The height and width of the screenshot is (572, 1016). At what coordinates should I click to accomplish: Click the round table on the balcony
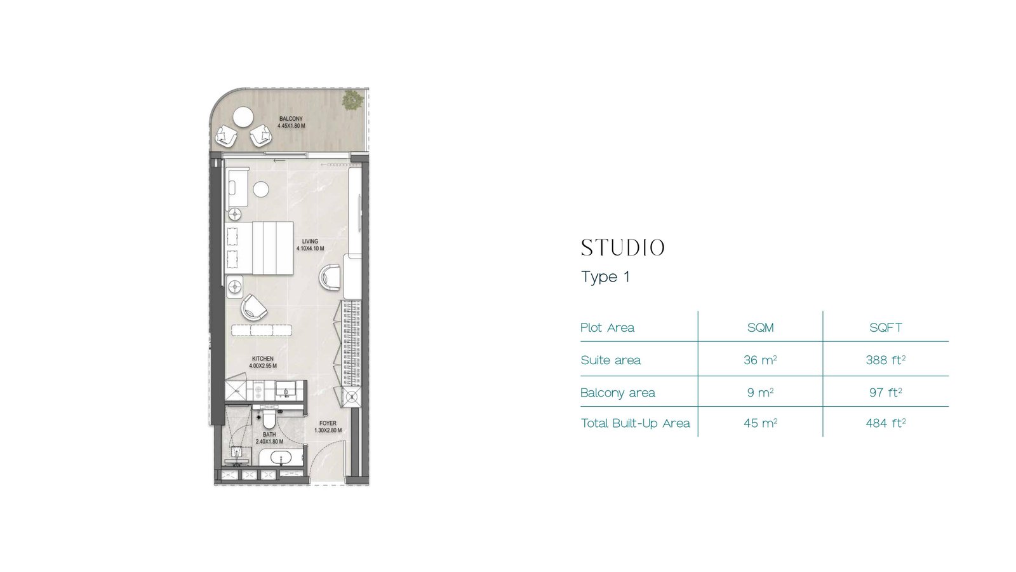[x=243, y=118]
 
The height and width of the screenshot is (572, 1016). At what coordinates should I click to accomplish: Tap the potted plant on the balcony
[x=352, y=100]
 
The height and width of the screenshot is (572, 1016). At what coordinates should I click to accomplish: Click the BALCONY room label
[x=291, y=119]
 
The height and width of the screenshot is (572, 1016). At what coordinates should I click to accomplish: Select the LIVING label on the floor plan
[x=311, y=242]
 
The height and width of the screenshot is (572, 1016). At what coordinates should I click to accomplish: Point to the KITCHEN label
[x=263, y=358]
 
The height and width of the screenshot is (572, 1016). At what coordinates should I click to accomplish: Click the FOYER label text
[x=328, y=423]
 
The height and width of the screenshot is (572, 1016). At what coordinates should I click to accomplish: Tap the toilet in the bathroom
[x=269, y=419]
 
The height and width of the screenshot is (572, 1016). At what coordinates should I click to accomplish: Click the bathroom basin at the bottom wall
[x=281, y=458]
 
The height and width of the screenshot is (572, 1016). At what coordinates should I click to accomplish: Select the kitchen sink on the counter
[x=286, y=389]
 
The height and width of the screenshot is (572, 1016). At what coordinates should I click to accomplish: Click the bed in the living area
[x=259, y=248]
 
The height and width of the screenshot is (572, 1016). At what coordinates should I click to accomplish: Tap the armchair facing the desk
[x=330, y=278]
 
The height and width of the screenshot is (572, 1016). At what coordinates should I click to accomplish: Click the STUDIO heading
[x=623, y=248]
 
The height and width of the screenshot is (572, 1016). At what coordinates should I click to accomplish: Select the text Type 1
[x=606, y=277]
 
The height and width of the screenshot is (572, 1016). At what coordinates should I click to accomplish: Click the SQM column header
[x=761, y=328]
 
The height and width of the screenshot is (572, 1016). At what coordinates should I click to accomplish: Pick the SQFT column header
[x=886, y=328]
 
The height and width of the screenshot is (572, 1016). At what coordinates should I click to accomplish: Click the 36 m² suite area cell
[x=761, y=360]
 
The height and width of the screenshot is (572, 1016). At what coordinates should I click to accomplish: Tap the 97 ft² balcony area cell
[x=886, y=392]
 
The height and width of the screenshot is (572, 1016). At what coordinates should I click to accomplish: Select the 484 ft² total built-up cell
[x=886, y=423]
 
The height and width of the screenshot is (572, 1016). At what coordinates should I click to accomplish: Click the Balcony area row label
[x=618, y=393]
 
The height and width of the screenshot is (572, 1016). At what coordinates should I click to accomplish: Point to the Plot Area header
[x=607, y=328]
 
